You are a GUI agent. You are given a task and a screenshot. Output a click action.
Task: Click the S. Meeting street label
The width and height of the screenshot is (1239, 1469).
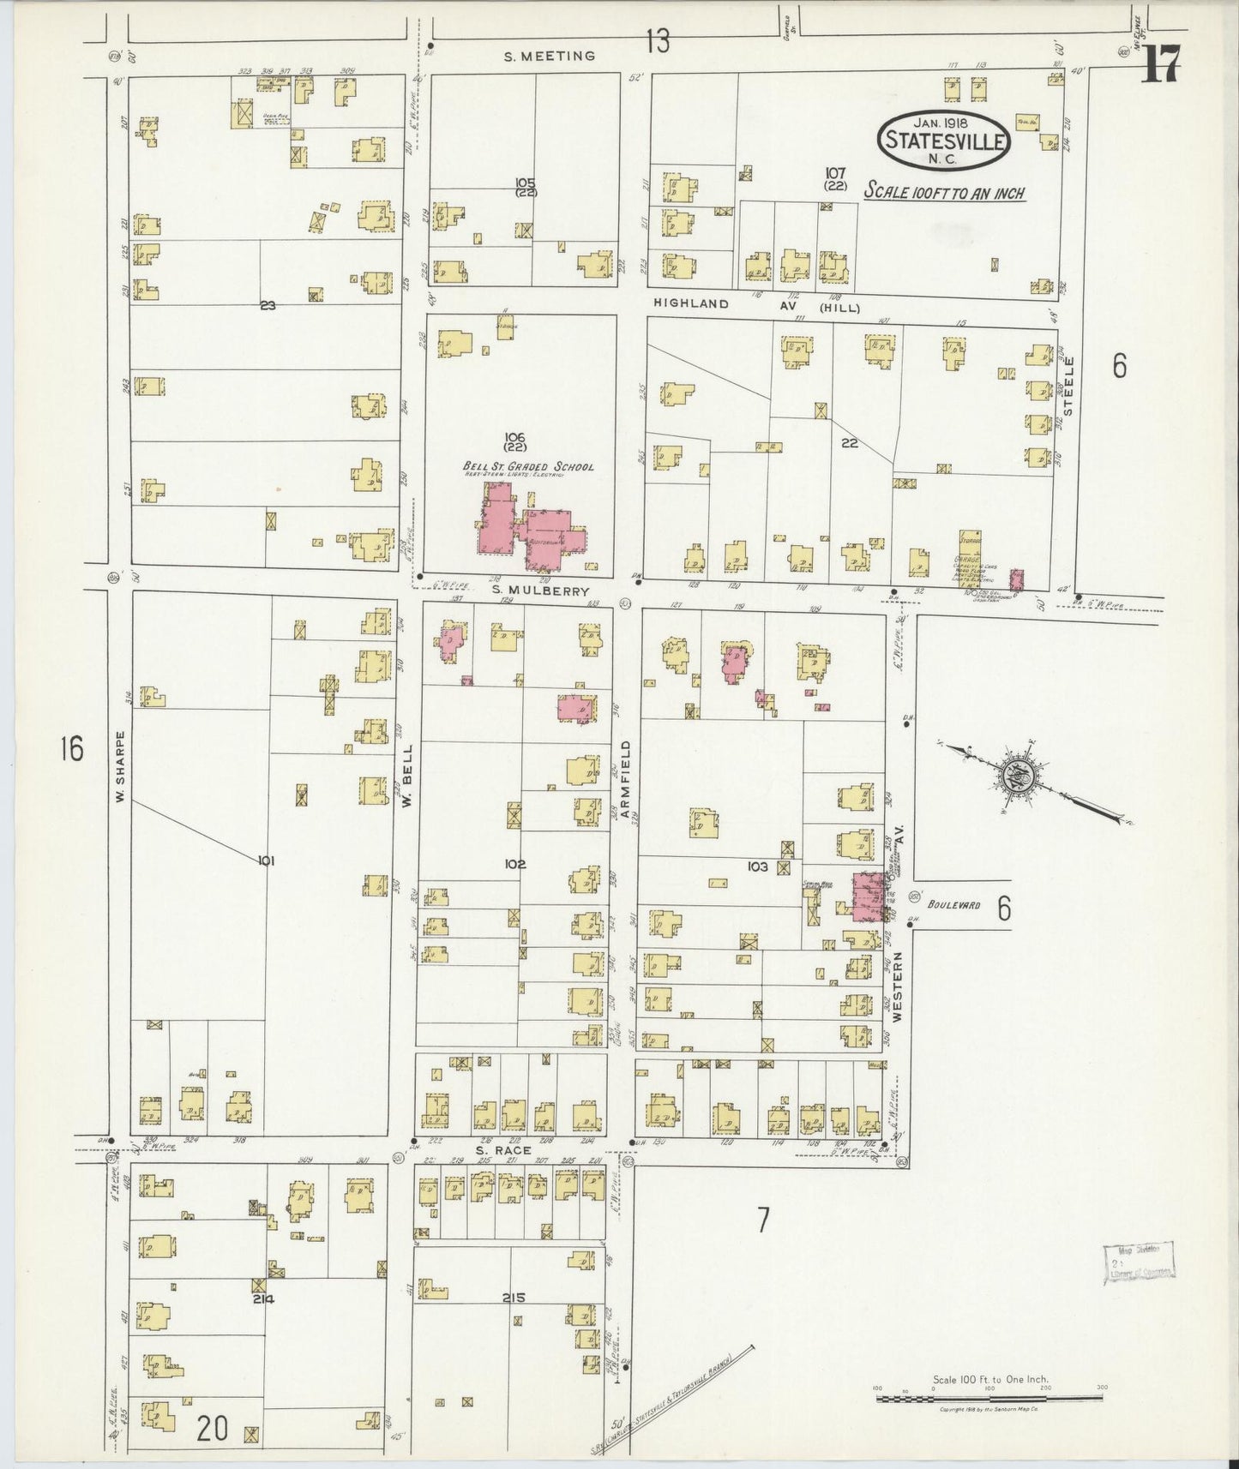(549, 56)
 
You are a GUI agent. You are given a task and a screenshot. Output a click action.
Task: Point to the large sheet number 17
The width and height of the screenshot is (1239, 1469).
(1161, 62)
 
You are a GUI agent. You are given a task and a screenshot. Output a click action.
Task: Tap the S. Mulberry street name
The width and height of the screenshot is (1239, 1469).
(528, 591)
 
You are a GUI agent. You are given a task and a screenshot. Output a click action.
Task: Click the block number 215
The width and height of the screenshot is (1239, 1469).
(514, 1297)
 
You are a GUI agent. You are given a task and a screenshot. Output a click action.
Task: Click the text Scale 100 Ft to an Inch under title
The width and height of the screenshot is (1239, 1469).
(944, 192)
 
